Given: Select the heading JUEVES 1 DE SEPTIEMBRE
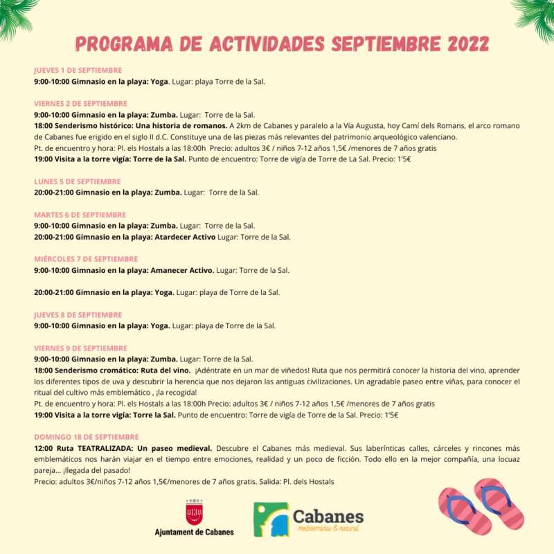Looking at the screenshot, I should (x=78, y=70).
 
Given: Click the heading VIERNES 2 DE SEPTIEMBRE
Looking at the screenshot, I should (x=80, y=103).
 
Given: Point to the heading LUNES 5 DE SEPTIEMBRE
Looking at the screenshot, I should (x=78, y=181).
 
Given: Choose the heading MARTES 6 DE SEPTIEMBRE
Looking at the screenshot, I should (x=80, y=215).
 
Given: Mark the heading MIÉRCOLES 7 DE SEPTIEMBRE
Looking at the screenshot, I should (x=86, y=259).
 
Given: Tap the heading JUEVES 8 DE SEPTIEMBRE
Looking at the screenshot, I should (x=78, y=314).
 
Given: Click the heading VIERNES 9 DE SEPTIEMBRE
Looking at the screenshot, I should (x=80, y=348).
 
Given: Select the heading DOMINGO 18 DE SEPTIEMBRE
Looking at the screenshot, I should (x=86, y=437).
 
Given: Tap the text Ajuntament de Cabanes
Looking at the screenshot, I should (x=194, y=532).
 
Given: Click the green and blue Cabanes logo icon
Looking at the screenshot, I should (x=271, y=519).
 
